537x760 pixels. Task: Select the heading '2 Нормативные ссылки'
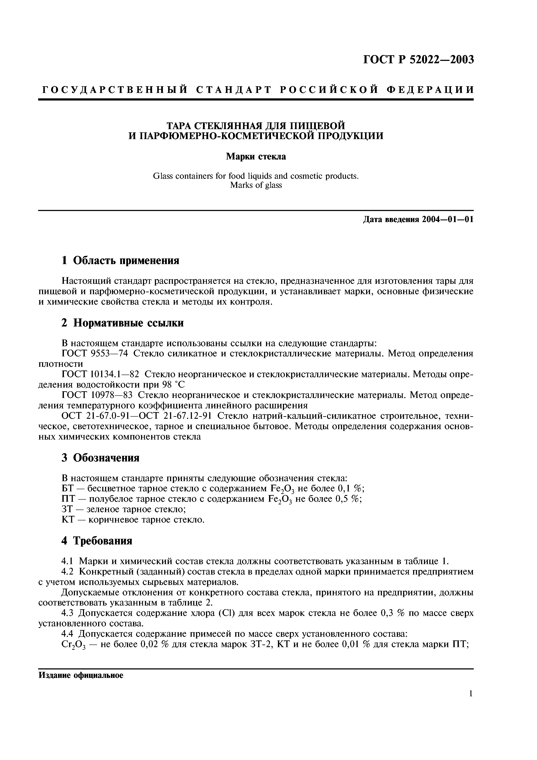(x=122, y=323)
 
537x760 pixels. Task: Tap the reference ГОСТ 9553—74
(x=95, y=354)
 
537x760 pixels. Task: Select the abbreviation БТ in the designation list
(x=68, y=489)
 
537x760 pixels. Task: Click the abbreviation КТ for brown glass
(x=68, y=520)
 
